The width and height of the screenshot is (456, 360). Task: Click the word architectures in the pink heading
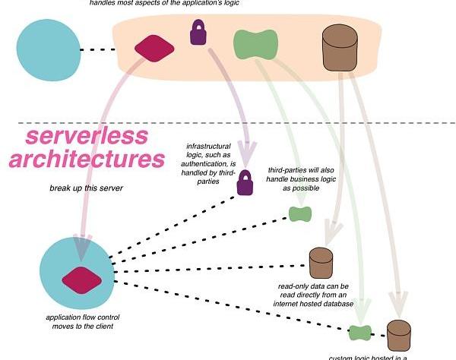(x=95, y=160)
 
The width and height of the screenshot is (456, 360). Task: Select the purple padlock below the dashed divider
(x=244, y=182)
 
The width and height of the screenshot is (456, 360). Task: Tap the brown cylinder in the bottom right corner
(x=398, y=335)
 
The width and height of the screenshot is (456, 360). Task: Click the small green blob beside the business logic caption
(x=299, y=214)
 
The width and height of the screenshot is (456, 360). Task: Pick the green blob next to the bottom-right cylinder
(x=359, y=331)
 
